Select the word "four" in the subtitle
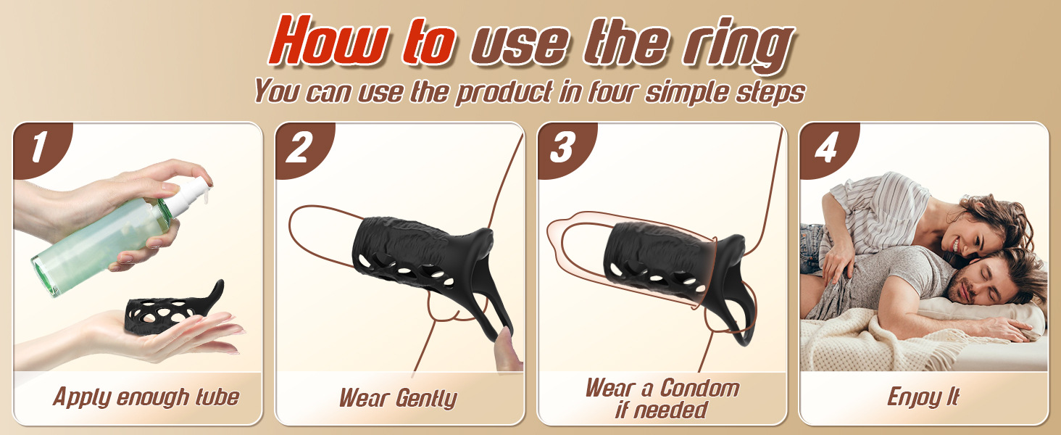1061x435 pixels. pyautogui.click(x=614, y=91)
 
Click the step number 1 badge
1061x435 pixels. pyautogui.click(x=43, y=149)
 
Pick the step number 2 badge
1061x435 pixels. pyautogui.click(x=304, y=149)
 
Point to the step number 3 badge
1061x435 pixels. pyautogui.click(x=567, y=149)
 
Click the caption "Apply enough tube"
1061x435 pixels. pyautogui.click(x=146, y=397)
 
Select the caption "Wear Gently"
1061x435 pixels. pyautogui.click(x=398, y=398)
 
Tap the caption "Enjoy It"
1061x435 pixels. pyautogui.click(x=923, y=397)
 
